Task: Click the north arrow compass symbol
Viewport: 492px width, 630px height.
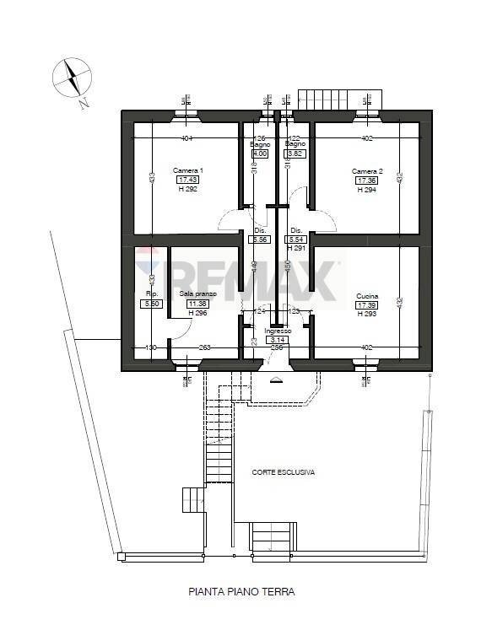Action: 73,79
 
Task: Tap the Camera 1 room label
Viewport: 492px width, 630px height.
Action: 187,170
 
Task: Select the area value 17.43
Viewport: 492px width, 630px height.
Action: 187,180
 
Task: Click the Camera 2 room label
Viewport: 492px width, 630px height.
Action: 367,171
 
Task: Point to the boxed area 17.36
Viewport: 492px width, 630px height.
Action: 366,180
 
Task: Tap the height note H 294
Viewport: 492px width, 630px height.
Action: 366,190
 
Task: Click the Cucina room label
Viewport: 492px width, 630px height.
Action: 366,296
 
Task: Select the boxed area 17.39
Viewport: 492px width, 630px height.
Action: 366,304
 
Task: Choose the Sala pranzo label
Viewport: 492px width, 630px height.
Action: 197,293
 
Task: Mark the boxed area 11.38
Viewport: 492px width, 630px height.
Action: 197,304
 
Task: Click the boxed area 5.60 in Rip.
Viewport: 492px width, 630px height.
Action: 152,304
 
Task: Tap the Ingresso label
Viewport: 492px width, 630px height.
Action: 278,331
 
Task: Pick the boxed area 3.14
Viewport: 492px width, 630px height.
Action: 278,340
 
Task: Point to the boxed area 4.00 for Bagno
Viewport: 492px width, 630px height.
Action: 260,153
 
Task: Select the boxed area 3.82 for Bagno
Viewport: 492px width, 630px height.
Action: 295,153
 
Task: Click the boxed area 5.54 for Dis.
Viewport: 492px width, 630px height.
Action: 296,240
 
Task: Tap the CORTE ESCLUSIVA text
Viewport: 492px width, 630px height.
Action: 284,472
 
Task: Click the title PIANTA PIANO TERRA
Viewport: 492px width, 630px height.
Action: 241,592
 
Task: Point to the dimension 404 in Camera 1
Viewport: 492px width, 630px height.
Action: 187,138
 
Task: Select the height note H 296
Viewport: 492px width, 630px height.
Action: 197,313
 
